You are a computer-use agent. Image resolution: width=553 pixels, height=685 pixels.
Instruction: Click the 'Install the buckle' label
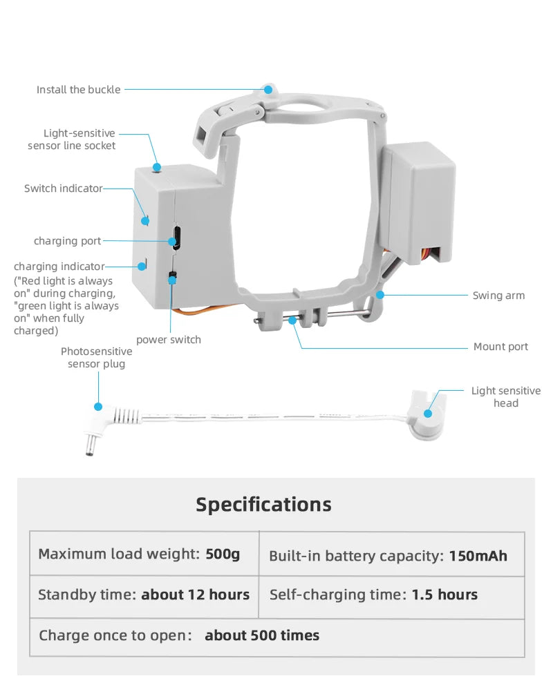(x=78, y=90)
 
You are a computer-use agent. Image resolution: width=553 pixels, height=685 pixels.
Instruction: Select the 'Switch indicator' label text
(x=63, y=189)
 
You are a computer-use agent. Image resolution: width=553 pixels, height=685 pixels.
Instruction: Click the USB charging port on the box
(x=176, y=238)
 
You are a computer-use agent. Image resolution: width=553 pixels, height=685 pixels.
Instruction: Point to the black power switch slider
(x=172, y=277)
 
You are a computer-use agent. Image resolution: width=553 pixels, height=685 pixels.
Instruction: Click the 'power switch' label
(x=169, y=339)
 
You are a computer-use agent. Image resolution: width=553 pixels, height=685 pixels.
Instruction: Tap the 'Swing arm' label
(x=498, y=296)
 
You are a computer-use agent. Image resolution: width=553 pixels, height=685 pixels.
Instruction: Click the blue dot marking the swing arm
(x=379, y=295)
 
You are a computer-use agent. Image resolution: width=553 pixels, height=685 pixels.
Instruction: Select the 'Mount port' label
(x=500, y=347)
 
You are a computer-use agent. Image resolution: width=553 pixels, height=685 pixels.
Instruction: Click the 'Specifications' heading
(x=263, y=504)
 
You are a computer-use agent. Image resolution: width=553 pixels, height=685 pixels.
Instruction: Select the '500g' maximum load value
(x=223, y=554)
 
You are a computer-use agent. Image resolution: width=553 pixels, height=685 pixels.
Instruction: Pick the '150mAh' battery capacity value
(x=478, y=556)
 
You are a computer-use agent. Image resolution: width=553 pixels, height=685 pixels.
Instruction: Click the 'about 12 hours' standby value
(x=195, y=595)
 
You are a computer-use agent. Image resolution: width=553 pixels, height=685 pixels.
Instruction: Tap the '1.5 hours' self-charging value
(x=444, y=595)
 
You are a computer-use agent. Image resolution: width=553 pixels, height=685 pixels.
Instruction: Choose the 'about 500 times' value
(x=262, y=635)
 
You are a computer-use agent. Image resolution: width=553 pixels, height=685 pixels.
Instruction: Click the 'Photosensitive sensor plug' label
(x=96, y=358)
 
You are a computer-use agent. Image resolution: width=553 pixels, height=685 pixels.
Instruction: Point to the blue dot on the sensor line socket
(x=158, y=166)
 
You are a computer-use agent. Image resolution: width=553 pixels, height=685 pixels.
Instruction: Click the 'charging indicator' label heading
(x=59, y=267)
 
